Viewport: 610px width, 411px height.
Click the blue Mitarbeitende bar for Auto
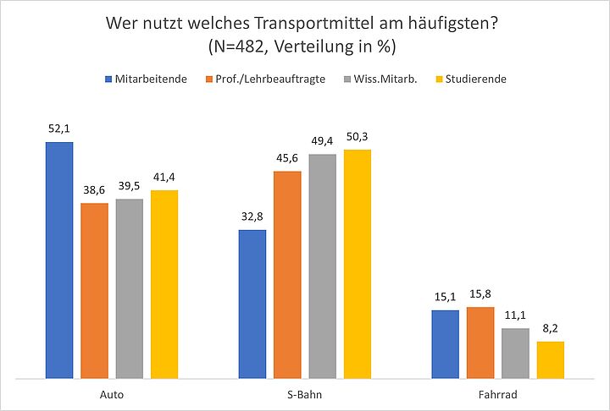[x=59, y=260]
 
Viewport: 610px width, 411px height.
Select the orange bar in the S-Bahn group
[x=287, y=275]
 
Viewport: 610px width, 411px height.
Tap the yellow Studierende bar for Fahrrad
[x=551, y=359]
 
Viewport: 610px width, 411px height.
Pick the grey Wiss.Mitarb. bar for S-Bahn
[x=322, y=266]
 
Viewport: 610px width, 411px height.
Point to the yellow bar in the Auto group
[x=164, y=284]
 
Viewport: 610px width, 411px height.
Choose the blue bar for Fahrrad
[x=446, y=344]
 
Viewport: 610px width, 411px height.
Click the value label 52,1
[x=59, y=129]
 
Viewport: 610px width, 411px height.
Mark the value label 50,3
[x=358, y=136]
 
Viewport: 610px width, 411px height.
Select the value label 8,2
[x=551, y=328]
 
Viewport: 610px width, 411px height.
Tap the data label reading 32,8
[x=252, y=216]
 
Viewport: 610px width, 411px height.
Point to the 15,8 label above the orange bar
[x=480, y=294]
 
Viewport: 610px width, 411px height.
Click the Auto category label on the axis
[x=112, y=394]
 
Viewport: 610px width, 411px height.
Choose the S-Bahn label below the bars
[x=305, y=394]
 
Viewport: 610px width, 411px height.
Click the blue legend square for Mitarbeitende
[x=108, y=79]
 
